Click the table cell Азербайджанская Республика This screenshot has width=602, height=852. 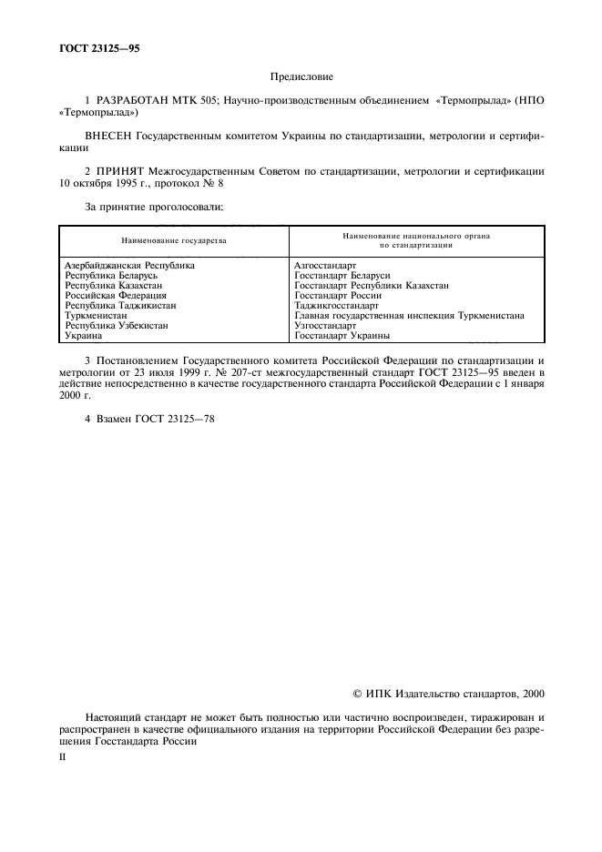[x=129, y=266]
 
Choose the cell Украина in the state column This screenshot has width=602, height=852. [x=84, y=336]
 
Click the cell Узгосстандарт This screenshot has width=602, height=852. [x=325, y=326]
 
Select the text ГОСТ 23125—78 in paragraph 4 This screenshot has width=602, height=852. [x=175, y=419]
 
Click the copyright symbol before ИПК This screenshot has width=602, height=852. [x=356, y=694]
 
